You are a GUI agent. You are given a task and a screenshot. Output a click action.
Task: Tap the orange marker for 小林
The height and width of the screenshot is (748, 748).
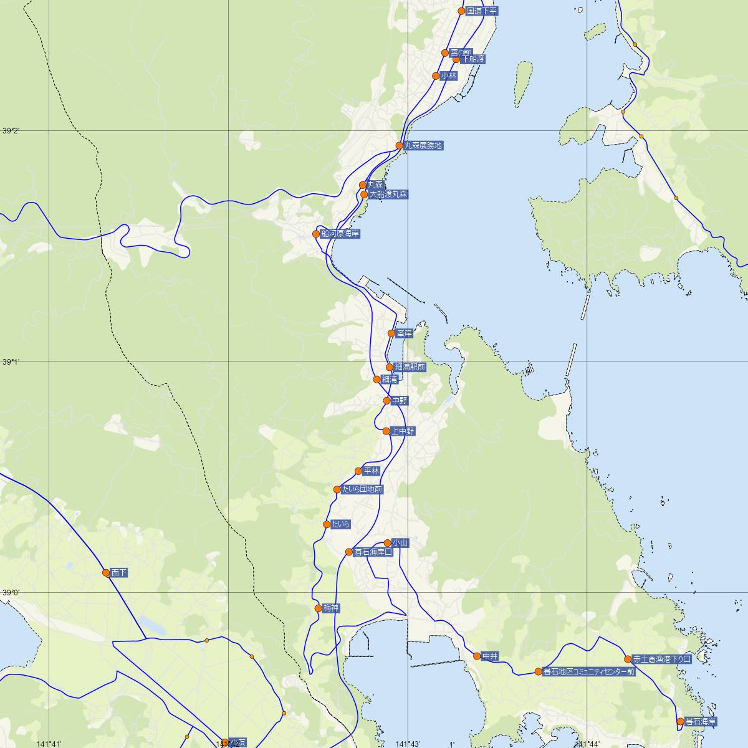tap(436, 76)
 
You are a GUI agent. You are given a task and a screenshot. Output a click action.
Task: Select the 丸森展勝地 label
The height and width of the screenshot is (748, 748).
tap(423, 146)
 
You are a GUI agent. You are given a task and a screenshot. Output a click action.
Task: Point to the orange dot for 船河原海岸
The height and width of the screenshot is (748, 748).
tap(316, 234)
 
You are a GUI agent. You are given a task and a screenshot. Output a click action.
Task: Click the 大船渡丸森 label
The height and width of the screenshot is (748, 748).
tap(388, 194)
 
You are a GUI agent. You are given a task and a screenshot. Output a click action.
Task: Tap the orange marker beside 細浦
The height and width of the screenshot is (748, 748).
tap(376, 380)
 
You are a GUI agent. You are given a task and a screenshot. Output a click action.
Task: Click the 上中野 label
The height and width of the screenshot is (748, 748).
tap(403, 431)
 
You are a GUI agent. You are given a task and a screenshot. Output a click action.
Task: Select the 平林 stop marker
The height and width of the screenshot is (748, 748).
tap(358, 471)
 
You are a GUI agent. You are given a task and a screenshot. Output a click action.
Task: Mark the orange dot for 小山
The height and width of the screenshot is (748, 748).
tap(387, 543)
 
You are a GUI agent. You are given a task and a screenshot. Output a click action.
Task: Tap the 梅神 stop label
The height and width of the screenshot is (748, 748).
tap(331, 608)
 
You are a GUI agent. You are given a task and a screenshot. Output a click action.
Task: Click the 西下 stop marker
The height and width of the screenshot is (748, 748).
tap(106, 573)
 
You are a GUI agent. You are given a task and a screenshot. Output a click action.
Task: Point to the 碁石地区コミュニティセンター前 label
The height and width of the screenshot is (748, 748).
tap(589, 672)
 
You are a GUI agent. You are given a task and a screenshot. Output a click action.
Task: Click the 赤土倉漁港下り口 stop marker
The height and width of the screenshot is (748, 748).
tap(628, 659)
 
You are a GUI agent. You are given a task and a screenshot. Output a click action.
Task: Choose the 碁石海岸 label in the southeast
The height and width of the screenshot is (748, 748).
tap(701, 722)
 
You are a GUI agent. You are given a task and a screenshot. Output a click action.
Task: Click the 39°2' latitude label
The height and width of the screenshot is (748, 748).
tap(11, 131)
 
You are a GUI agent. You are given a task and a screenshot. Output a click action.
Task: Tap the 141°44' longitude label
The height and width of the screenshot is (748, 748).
tap(588, 744)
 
